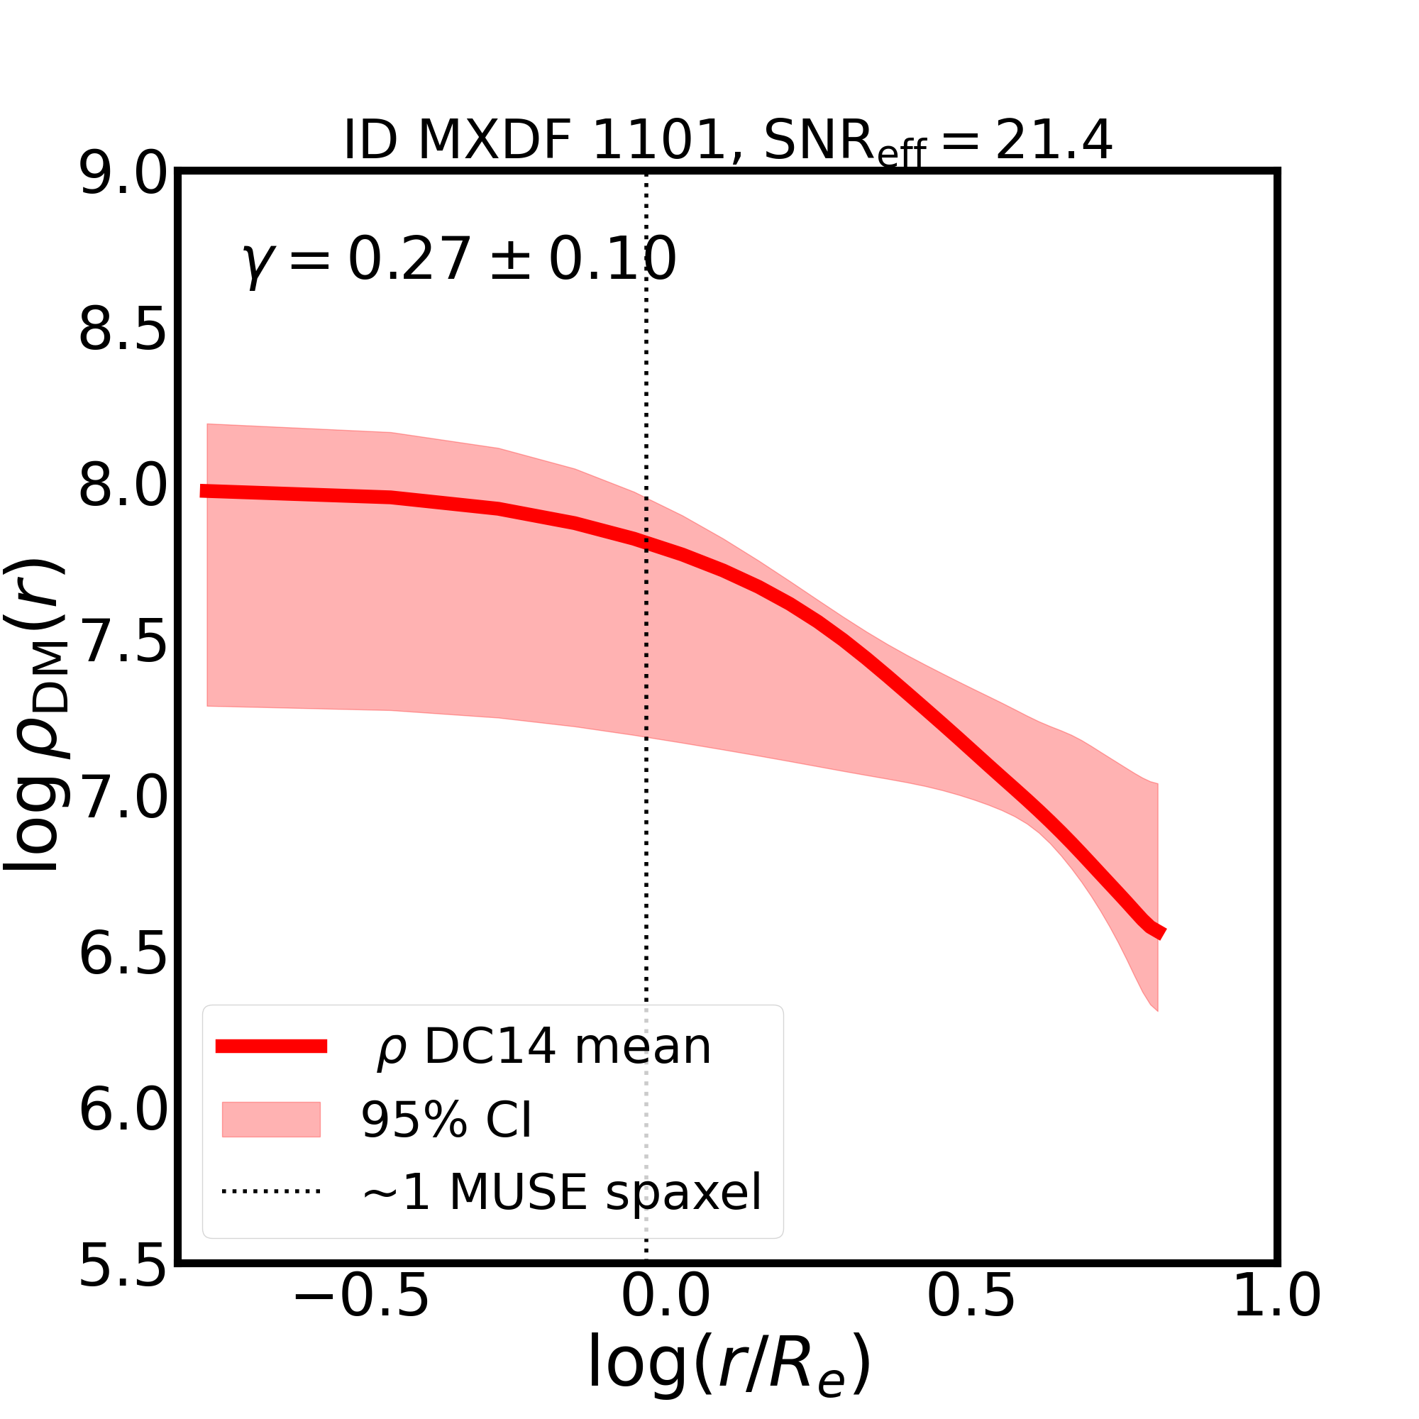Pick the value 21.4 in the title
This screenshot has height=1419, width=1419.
tap(1053, 140)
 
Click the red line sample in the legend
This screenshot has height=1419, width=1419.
tap(271, 1047)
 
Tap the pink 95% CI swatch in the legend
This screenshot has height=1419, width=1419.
tap(271, 1120)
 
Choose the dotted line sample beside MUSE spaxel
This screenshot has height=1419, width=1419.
tap(271, 1191)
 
